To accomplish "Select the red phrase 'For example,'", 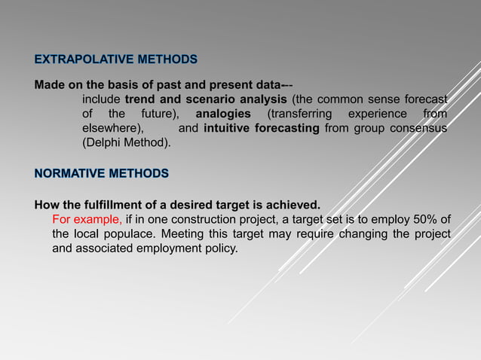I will click(87, 219).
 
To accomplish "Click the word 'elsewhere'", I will click(112, 128).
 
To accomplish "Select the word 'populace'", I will click(127, 233).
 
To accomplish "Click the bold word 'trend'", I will click(140, 99).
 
